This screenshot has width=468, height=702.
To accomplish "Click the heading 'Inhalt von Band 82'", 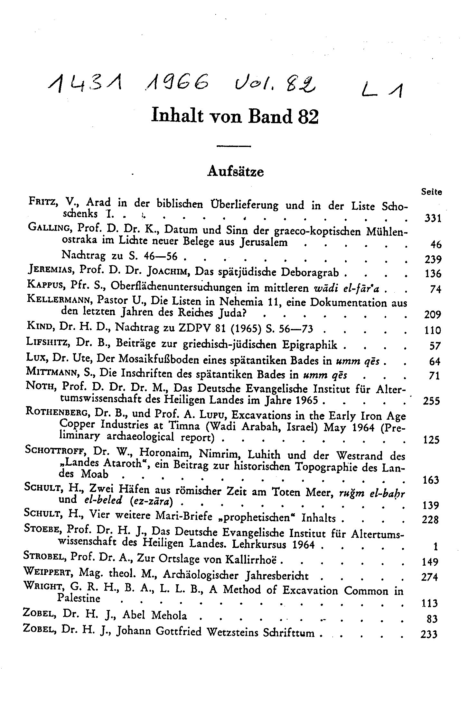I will [x=235, y=116].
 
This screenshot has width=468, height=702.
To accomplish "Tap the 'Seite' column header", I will [x=431, y=192].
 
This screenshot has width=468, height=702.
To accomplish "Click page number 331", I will [x=431, y=219].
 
